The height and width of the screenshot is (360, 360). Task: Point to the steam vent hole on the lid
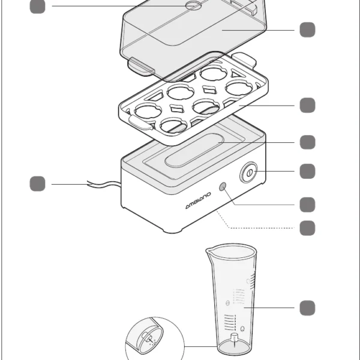[193, 6]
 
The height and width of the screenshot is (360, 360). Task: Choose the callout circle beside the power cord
[37, 184]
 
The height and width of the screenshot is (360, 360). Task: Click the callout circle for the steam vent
[37, 6]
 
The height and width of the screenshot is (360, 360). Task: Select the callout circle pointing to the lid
[307, 29]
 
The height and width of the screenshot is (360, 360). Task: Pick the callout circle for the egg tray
[307, 105]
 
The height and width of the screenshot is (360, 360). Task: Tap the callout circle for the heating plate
[307, 142]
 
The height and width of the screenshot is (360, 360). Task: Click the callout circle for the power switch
[307, 171]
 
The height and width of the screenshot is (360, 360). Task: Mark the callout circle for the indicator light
[307, 204]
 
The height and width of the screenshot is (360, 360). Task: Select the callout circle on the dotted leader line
[307, 228]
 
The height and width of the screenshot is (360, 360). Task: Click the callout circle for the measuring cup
[307, 308]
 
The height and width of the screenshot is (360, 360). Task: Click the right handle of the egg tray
[247, 59]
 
